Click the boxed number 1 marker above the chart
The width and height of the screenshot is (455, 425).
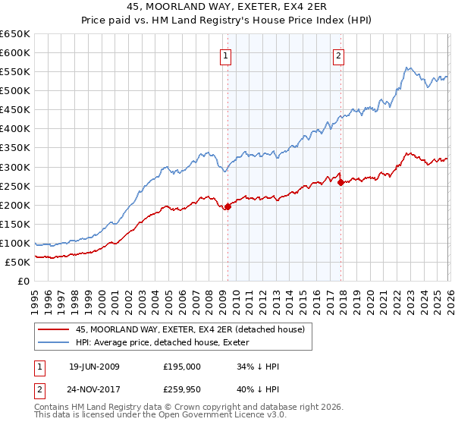pos(227,55)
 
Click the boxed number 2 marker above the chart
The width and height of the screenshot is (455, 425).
pos(338,55)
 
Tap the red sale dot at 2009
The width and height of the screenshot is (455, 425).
pos(227,206)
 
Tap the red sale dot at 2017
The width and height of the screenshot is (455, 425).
pos(340,181)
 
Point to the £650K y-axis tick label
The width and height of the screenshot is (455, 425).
pos(15,34)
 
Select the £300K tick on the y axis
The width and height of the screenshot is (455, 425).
pos(15,167)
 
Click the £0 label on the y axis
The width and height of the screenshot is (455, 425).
pos(24,282)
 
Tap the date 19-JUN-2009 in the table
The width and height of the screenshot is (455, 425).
pos(94,367)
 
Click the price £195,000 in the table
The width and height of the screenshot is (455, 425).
pos(182,367)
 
